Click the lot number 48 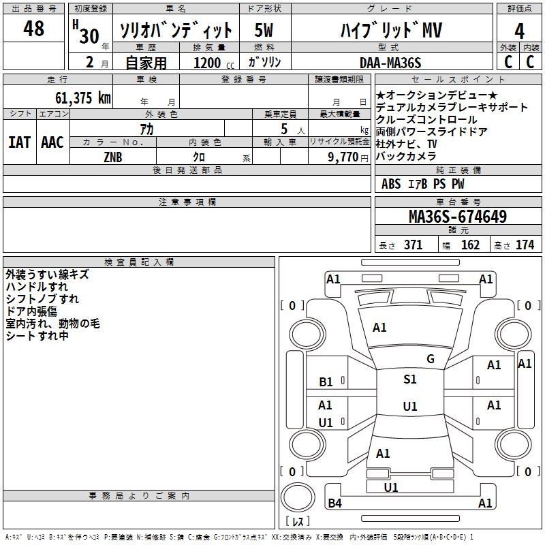click(x=33, y=29)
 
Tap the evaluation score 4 click(x=519, y=31)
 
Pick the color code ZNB click(x=113, y=156)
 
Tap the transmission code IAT click(x=19, y=142)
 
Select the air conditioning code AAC click(x=52, y=142)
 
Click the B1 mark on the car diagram click(x=326, y=382)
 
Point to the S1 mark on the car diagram click(x=409, y=379)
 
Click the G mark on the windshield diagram click(x=431, y=359)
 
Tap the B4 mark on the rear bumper click(x=334, y=503)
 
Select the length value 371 click(x=413, y=245)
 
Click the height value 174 click(x=525, y=245)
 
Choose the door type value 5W click(x=264, y=31)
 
